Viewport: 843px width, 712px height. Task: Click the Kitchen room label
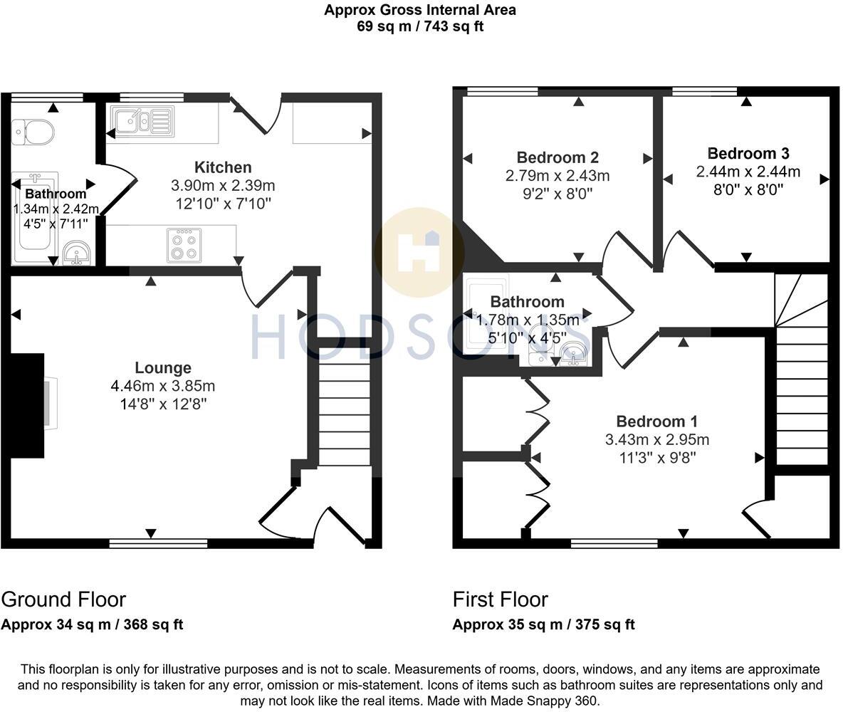223,167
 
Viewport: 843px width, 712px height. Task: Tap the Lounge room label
163,367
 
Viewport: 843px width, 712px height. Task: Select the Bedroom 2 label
557,157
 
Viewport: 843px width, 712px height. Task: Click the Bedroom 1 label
656,421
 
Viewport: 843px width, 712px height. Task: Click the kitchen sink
141,120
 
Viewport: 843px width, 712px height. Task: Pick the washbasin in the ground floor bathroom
76,253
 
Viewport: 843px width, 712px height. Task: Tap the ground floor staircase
344,413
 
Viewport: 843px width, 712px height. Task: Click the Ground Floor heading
63,599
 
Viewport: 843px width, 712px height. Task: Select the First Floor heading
500,599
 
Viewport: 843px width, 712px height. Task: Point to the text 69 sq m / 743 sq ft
420,26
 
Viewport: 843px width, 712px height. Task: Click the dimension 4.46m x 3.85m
163,386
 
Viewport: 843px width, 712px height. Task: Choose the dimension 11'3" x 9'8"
656,457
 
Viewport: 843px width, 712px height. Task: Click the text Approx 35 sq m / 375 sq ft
543,624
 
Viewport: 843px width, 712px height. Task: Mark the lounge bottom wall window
158,543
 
